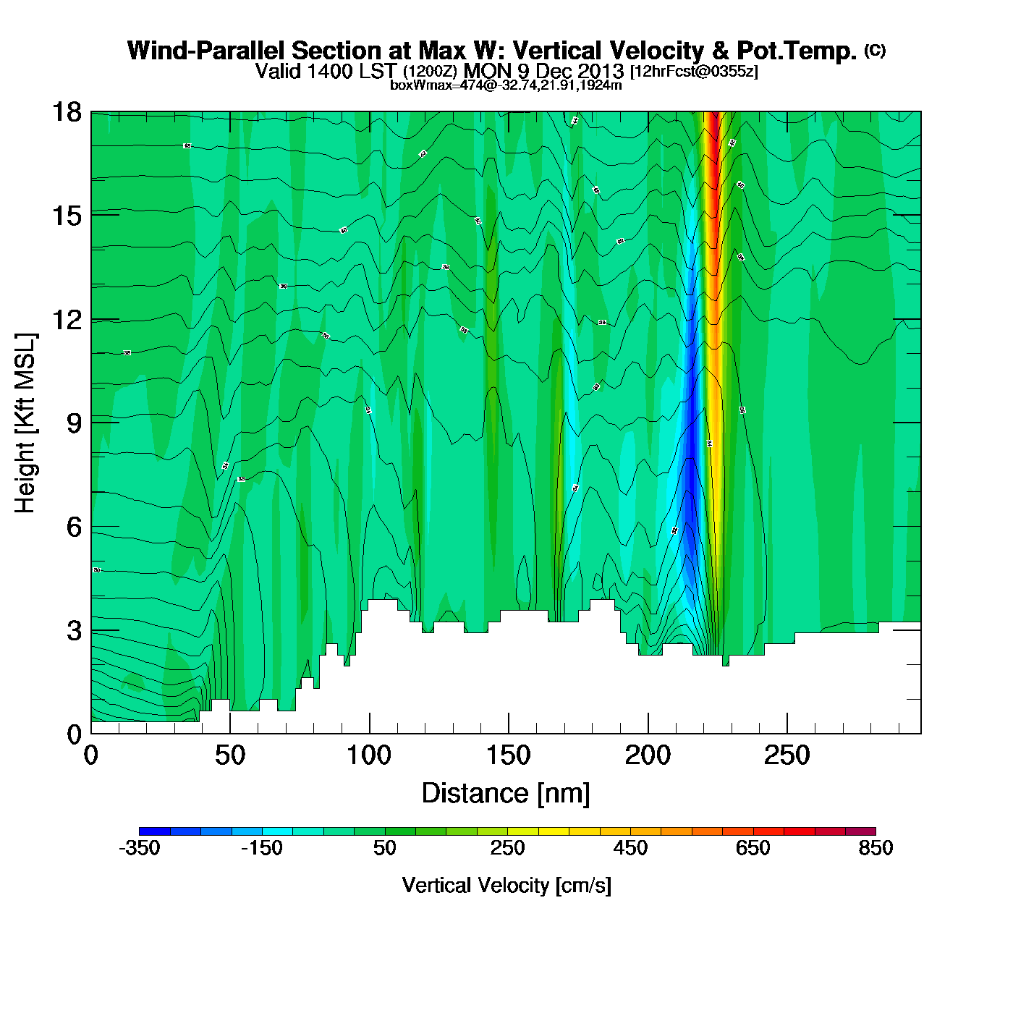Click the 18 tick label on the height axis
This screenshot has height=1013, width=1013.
[x=66, y=112]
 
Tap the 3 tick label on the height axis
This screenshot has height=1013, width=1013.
[x=75, y=631]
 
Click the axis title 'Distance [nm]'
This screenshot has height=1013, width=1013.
[x=506, y=794]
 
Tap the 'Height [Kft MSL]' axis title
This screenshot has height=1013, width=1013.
[x=25, y=423]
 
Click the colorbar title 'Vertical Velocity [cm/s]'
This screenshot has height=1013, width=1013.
[x=506, y=886]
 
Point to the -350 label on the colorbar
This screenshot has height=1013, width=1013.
[x=139, y=849]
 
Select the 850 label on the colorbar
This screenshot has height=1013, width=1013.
[x=876, y=849]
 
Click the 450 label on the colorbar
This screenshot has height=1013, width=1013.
[x=630, y=849]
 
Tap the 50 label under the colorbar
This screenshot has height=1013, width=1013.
[x=385, y=849]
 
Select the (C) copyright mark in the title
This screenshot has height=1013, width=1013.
[x=875, y=50]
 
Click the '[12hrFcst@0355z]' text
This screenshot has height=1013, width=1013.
[x=694, y=72]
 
